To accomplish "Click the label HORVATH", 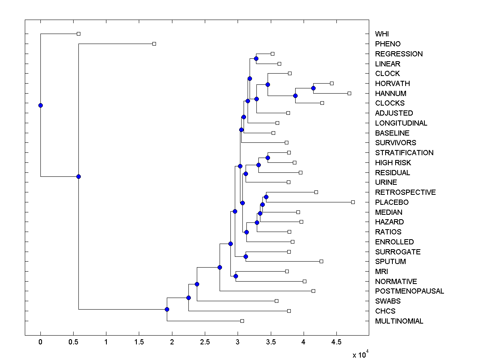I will coord(392,84).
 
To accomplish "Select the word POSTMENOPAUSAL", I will coord(409,291).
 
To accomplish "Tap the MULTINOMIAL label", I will coord(399,321).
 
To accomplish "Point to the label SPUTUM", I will coord(390,262).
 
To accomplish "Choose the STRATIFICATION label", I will coord(404,153).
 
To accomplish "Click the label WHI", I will coord(382,34).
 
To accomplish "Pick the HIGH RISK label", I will coord(393,163).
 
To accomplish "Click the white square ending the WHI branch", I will coord(78,34).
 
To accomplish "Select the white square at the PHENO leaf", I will coord(154,44).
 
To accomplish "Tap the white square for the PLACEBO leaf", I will coord(353,202).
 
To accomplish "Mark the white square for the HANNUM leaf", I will coord(349,93).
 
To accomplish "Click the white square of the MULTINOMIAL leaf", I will coord(242,321).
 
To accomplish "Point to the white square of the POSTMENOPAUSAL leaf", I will coord(313,291).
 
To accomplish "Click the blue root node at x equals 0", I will coord(40,105).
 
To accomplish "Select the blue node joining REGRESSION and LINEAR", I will coord(256,58).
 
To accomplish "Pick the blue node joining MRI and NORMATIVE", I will coord(236,276).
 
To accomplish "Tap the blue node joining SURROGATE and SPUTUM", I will coord(246,256).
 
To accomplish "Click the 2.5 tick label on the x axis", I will coord(205,342).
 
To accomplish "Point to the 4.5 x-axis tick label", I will coord(336,342).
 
